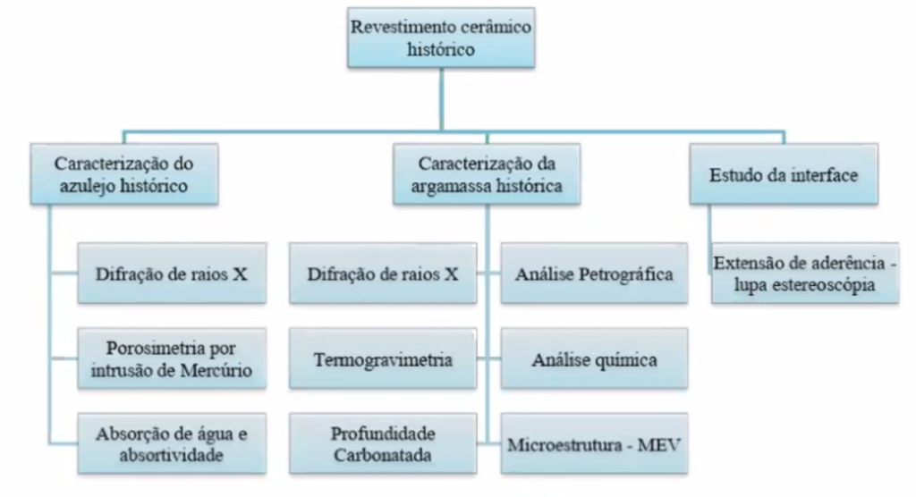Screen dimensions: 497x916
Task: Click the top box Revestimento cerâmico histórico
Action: (x=440, y=38)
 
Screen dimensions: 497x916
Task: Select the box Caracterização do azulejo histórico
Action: (x=124, y=175)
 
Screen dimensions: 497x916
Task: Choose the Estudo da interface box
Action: (x=785, y=175)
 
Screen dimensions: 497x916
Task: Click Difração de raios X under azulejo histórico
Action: (x=171, y=274)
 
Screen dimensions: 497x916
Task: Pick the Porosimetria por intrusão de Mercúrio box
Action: (x=171, y=359)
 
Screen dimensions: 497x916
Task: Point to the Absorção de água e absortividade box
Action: (x=171, y=444)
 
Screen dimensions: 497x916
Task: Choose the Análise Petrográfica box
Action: (x=594, y=274)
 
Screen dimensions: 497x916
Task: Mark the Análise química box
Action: (x=594, y=359)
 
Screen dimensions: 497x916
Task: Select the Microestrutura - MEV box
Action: (x=594, y=444)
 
